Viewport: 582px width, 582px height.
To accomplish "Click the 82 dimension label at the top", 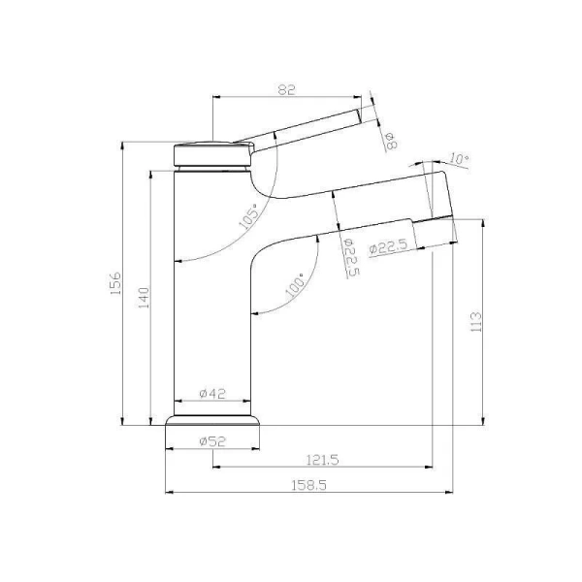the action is click(x=286, y=89).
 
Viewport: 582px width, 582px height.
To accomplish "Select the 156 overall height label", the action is click(x=116, y=283).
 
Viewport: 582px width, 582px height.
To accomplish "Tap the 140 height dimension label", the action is click(x=144, y=298).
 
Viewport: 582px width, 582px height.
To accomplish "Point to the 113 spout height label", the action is click(x=475, y=322).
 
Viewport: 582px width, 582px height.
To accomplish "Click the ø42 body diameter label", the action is click(x=212, y=394).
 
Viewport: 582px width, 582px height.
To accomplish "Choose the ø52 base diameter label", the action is click(x=212, y=441).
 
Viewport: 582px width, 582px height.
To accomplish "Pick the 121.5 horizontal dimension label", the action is click(x=323, y=460).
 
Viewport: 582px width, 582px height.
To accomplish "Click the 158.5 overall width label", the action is click(x=308, y=485).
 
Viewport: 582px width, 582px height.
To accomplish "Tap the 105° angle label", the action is click(x=249, y=216).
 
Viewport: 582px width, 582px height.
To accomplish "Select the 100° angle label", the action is click(x=295, y=286).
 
